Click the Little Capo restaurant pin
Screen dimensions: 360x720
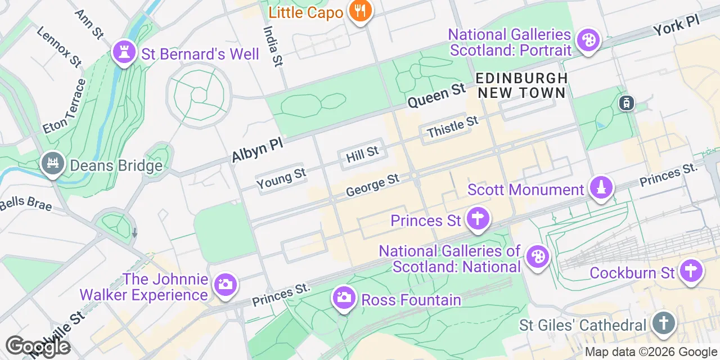pos(358,11)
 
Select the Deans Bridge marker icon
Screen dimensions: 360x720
pos(53,164)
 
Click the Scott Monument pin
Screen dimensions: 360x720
pos(601,188)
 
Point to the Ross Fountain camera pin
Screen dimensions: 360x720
pos(344,298)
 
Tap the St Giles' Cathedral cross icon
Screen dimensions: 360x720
pos(663,323)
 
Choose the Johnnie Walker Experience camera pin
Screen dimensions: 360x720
pos(225,285)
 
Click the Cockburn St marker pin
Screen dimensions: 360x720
pos(692,271)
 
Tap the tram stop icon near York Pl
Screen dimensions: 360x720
pos(626,103)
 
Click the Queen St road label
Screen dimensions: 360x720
pos(436,95)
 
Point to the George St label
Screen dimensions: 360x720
pos(372,185)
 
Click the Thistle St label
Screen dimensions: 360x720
pos(452,127)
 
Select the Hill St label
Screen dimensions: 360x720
pos(362,155)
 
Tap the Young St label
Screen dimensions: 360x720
pos(281,178)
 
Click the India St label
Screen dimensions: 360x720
pos(272,44)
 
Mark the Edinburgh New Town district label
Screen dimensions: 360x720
pos(521,85)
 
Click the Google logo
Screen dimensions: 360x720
pos(38,346)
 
